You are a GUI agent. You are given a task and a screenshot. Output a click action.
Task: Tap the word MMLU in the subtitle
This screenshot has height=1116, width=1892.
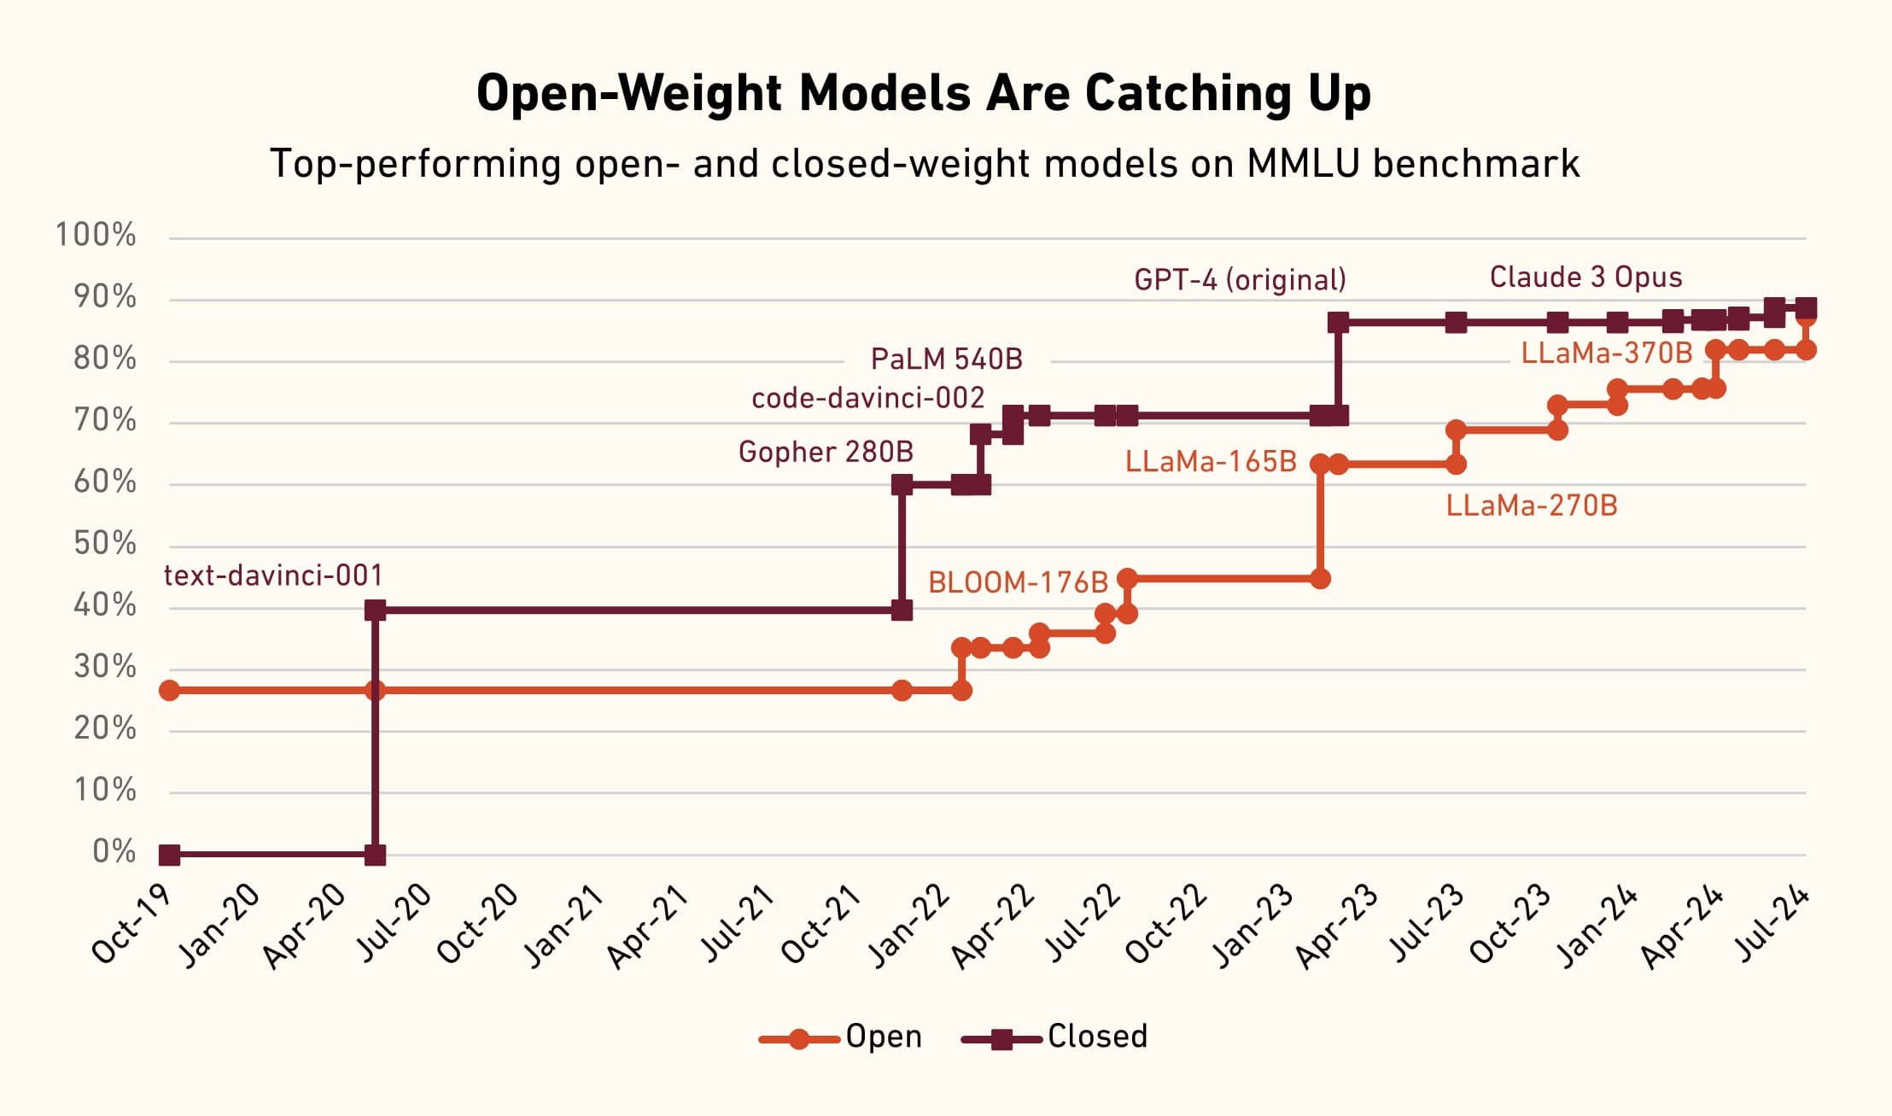coord(1302,163)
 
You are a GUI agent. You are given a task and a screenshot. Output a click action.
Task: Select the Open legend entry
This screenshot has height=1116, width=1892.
coord(883,1037)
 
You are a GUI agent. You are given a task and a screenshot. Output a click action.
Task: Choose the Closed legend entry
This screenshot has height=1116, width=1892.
coord(1096,1037)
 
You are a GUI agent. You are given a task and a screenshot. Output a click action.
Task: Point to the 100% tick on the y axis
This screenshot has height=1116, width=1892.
coord(96,235)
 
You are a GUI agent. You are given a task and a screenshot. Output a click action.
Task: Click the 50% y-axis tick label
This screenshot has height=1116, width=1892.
coord(104,544)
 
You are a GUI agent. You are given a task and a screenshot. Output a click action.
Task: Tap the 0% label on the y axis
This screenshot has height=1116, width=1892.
coord(114,851)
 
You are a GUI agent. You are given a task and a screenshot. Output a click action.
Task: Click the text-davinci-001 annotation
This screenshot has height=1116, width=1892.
coord(273,576)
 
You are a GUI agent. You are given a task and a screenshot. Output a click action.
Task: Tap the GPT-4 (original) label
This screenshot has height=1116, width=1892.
coord(1240,279)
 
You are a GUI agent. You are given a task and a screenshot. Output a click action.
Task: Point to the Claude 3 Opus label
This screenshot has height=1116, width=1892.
coord(1585,277)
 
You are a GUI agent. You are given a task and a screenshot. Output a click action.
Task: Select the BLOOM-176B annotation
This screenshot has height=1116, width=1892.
coord(1018,582)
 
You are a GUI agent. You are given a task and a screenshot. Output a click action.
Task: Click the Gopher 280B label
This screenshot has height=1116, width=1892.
coord(826,451)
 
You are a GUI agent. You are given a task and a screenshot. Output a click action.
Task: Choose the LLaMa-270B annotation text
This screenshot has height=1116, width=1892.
coord(1532,505)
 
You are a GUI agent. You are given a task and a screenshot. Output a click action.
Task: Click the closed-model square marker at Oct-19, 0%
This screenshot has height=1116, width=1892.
coord(170,854)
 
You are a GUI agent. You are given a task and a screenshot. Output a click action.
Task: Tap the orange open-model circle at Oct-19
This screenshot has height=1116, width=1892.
coord(170,690)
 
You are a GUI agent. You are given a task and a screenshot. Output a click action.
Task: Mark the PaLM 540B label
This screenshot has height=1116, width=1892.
coord(946,359)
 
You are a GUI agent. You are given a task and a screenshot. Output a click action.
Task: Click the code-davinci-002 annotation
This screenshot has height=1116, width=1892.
coord(867,398)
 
